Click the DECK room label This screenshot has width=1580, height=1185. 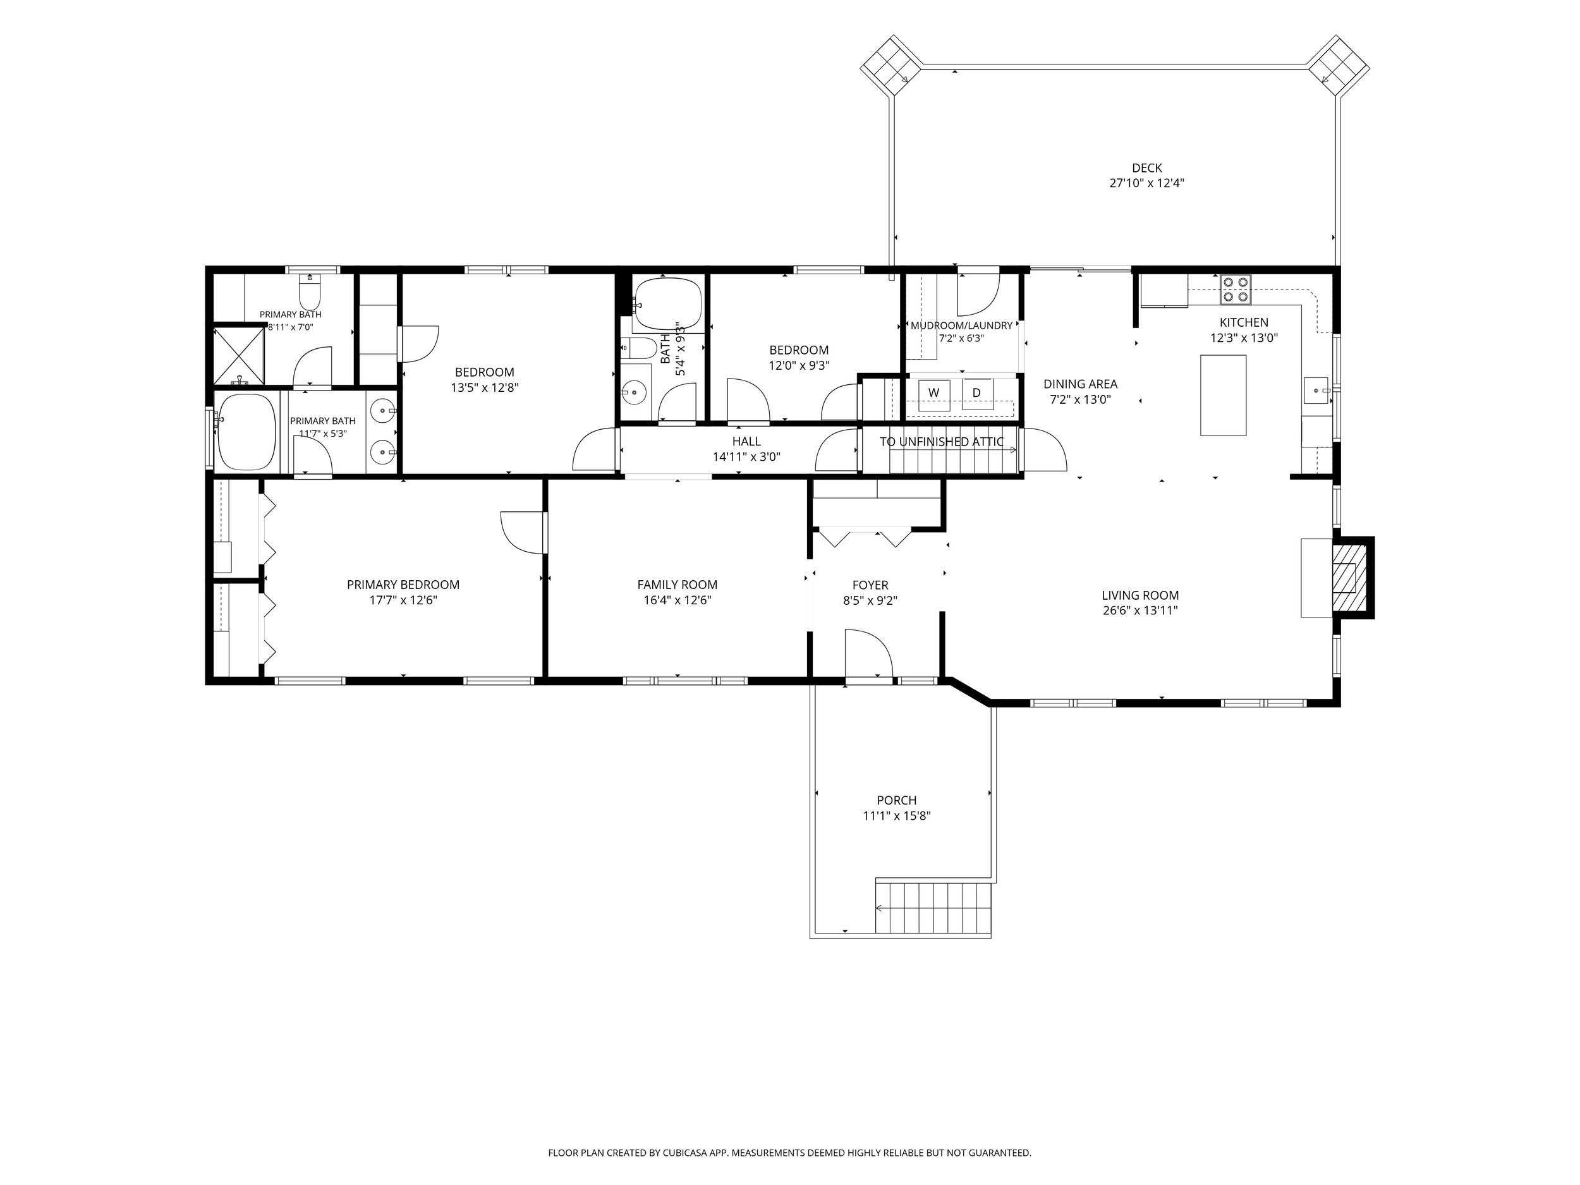click(x=1146, y=168)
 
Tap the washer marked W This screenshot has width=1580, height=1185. click(x=933, y=394)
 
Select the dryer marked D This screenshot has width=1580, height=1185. click(x=977, y=394)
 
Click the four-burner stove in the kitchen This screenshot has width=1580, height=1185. click(x=1236, y=289)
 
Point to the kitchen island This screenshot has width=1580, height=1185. click(x=1223, y=395)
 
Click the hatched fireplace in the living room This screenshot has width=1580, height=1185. click(x=1349, y=577)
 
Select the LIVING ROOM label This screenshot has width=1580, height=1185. click(x=1140, y=595)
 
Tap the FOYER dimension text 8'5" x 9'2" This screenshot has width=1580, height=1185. click(x=870, y=600)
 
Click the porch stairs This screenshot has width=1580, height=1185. click(x=933, y=907)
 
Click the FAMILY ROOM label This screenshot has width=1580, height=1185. click(x=677, y=585)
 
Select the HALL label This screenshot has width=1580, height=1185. click(x=746, y=441)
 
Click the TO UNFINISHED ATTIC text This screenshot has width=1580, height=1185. click(x=942, y=441)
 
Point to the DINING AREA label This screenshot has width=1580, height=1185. click(x=1080, y=384)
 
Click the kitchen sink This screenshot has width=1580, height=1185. click(x=1316, y=391)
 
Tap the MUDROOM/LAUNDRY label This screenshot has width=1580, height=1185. click(x=961, y=325)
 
